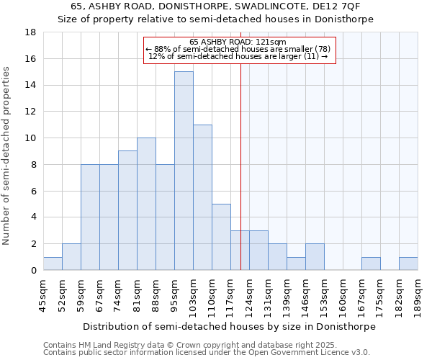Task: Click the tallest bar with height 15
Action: (x=184, y=171)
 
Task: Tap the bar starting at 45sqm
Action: (x=53, y=264)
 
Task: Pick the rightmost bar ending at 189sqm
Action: (x=408, y=264)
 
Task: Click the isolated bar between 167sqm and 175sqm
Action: (x=371, y=264)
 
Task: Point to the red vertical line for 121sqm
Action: (x=240, y=158)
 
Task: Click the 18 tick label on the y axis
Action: (x=31, y=32)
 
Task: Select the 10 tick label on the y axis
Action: (x=31, y=138)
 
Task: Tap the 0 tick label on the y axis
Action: (x=34, y=270)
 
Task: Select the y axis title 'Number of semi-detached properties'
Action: (x=6, y=156)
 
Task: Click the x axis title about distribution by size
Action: (x=229, y=326)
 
